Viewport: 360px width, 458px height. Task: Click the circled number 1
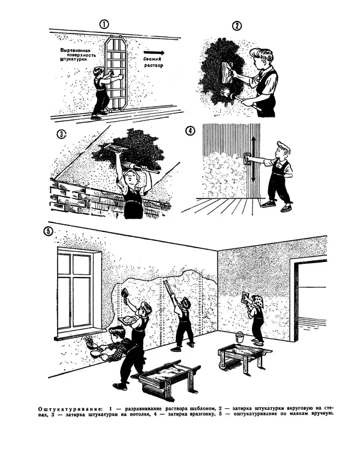click(104, 24)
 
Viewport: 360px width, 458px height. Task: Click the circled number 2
click(237, 26)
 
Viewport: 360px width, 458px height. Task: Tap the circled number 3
click(62, 134)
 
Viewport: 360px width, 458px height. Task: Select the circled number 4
click(190, 131)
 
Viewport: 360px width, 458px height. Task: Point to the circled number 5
click(48, 231)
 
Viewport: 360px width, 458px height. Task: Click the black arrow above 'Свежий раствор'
click(154, 53)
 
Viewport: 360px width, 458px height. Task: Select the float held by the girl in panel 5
click(245, 298)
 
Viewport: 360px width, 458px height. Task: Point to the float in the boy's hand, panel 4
click(247, 159)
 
